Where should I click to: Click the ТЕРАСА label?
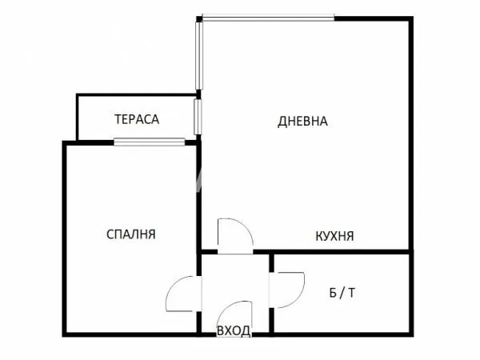point(137,119)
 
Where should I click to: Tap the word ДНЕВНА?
point(303,122)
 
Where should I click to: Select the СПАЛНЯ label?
point(131,234)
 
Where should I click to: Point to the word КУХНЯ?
point(334,236)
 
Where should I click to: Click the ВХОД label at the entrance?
point(234,330)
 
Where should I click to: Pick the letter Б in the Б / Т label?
point(333,293)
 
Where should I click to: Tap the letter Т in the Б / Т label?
point(351,293)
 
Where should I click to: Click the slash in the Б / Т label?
point(342,293)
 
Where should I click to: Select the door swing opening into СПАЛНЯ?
point(181,294)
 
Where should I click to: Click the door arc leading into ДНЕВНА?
point(235,236)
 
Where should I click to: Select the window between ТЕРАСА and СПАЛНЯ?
point(149,143)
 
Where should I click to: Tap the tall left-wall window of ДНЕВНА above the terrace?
point(198,54)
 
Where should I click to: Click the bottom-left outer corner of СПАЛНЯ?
point(64,334)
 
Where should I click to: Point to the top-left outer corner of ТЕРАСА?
point(78,96)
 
